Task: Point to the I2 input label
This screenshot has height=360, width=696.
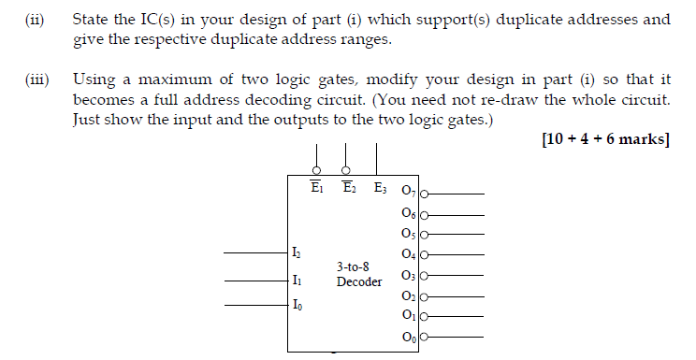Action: click(297, 253)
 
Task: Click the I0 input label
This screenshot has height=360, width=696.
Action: click(297, 305)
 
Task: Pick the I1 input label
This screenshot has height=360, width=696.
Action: click(297, 279)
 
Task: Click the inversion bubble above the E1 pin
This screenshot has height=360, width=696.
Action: click(317, 170)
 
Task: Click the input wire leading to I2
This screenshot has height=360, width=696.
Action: click(253, 253)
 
